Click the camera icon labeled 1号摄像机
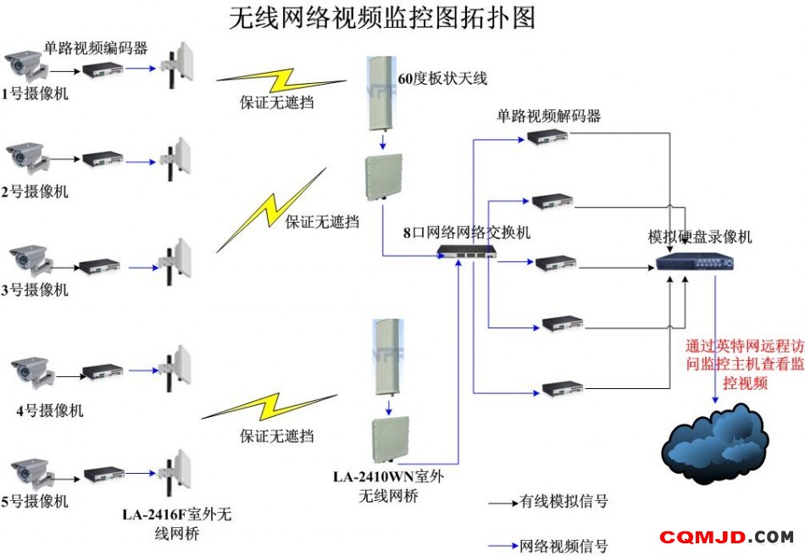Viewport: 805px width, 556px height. [x=25, y=66]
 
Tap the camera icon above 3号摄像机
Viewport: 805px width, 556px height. [x=31, y=260]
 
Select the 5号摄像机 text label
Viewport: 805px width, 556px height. [x=35, y=501]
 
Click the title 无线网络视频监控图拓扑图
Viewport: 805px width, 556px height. [x=382, y=18]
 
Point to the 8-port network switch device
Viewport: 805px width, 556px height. [x=467, y=252]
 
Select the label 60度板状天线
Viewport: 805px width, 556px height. [x=442, y=79]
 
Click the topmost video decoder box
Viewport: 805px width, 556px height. [x=547, y=136]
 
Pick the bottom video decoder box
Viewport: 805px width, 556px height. [x=563, y=389]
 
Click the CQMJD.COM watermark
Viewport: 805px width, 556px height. [x=726, y=537]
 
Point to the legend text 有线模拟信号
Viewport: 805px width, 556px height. [x=563, y=501]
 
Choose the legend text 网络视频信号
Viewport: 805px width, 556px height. [x=563, y=546]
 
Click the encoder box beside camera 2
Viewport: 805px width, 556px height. [x=103, y=158]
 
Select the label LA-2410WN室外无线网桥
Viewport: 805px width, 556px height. [x=389, y=486]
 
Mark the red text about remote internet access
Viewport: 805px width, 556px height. [x=745, y=364]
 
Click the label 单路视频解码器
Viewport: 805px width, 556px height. [x=548, y=116]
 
